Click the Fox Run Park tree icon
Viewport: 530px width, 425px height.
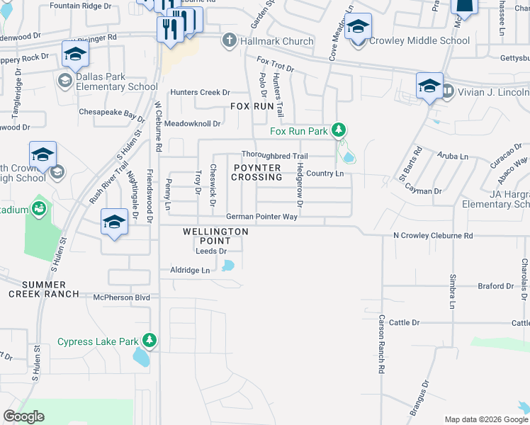(339, 130)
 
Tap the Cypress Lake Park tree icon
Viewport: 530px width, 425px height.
(150, 341)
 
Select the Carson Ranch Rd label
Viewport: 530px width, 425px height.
(381, 344)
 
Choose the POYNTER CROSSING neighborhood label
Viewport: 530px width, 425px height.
(256, 172)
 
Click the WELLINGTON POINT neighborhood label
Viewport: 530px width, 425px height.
(215, 236)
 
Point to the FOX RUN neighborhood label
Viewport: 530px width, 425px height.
(252, 106)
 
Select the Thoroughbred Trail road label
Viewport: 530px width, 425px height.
(274, 156)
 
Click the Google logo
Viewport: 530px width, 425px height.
(24, 416)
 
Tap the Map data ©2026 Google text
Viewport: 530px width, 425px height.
(485, 419)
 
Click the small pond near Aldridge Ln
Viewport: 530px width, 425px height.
(227, 266)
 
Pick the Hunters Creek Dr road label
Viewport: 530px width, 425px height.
(200, 92)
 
